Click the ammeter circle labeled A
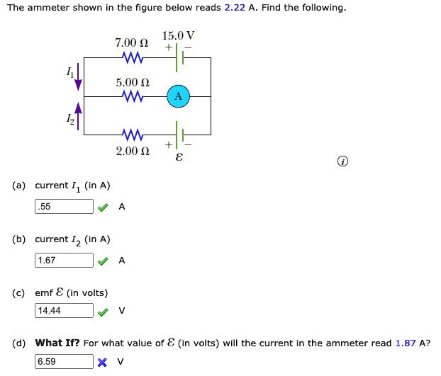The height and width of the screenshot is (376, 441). (x=179, y=96)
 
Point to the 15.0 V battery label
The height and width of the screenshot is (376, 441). (x=178, y=35)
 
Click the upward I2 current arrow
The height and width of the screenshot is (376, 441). (x=79, y=115)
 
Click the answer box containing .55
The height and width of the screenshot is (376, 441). (x=65, y=207)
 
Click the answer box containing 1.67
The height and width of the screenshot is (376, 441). (x=65, y=261)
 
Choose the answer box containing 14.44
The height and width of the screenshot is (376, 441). (x=65, y=311)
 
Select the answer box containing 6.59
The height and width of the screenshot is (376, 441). (x=65, y=362)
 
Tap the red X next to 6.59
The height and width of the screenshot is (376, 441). (x=103, y=363)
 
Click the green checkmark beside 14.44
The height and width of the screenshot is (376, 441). (x=103, y=312)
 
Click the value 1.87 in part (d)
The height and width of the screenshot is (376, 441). (x=406, y=343)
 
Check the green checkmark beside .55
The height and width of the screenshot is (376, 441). (x=103, y=207)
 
